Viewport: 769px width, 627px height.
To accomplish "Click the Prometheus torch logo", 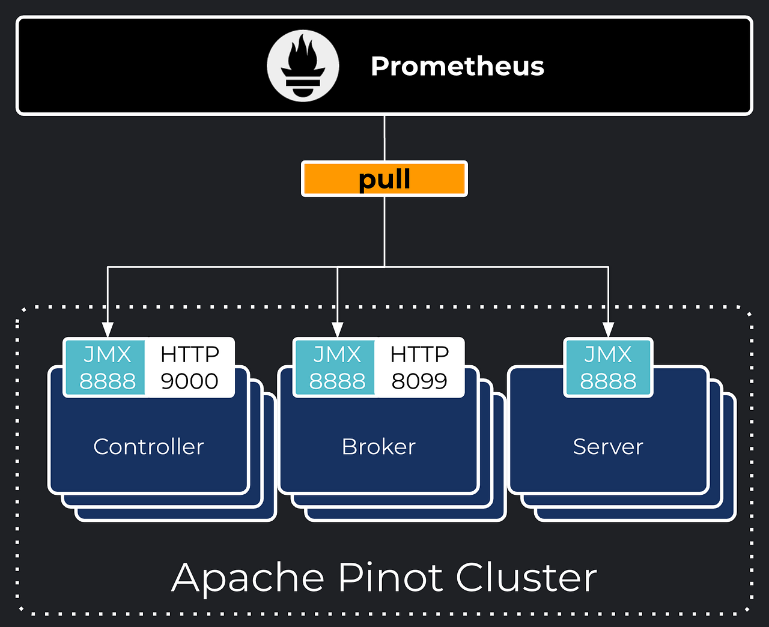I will tap(303, 67).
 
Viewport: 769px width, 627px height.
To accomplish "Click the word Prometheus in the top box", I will tap(457, 66).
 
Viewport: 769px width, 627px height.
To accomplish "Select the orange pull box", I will tap(384, 179).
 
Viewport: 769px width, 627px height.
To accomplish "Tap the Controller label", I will tap(148, 447).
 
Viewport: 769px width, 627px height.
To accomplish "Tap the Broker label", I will tap(378, 447).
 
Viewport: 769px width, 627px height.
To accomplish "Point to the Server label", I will tap(608, 447).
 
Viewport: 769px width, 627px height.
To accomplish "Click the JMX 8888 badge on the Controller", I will tap(107, 368).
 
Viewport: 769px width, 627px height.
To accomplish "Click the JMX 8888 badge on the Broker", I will tap(337, 368).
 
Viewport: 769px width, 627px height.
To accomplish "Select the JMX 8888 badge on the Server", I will tap(608, 368).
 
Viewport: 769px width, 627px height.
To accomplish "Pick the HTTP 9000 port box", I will tap(190, 368).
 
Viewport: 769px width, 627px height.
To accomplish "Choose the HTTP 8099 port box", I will tap(419, 368).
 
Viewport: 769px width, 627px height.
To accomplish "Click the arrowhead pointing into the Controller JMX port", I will tap(108, 330).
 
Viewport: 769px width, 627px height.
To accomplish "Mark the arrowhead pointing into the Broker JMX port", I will tap(338, 330).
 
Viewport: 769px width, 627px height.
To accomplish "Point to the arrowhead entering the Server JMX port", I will tap(608, 330).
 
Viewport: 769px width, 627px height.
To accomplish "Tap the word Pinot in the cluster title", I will tap(391, 577).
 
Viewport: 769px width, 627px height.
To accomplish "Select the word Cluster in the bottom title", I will tap(526, 577).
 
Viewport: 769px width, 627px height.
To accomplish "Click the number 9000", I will tap(190, 381).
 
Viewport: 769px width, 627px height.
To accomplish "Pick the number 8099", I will tap(419, 381).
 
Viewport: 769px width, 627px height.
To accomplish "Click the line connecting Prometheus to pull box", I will tap(384, 138).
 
